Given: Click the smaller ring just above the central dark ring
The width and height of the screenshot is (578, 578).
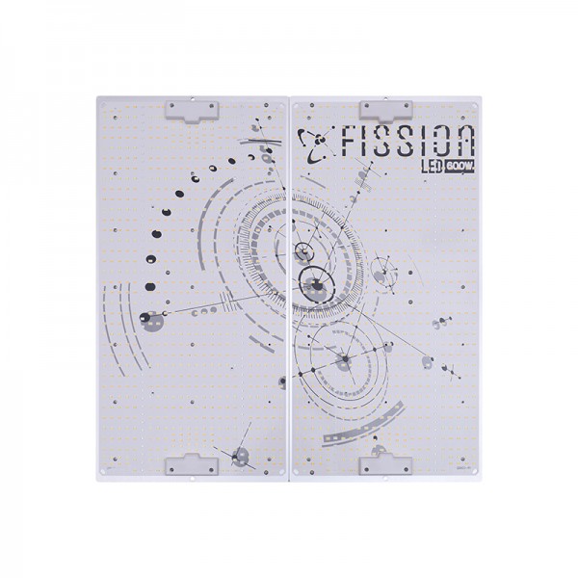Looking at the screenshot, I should tap(304, 253).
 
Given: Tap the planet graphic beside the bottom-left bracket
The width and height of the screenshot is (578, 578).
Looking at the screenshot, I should tap(238, 455).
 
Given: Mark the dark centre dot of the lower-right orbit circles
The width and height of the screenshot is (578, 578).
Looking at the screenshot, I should tap(344, 360).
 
